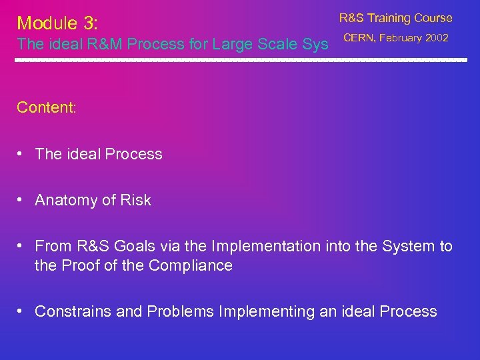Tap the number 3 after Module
tap(90, 23)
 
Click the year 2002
tap(437, 38)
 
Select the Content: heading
tap(47, 107)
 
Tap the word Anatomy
tap(65, 200)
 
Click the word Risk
tap(136, 200)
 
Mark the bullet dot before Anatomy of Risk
tap(21, 200)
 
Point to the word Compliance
tap(191, 265)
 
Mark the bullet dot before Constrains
tap(21, 311)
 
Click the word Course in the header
tap(435, 18)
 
